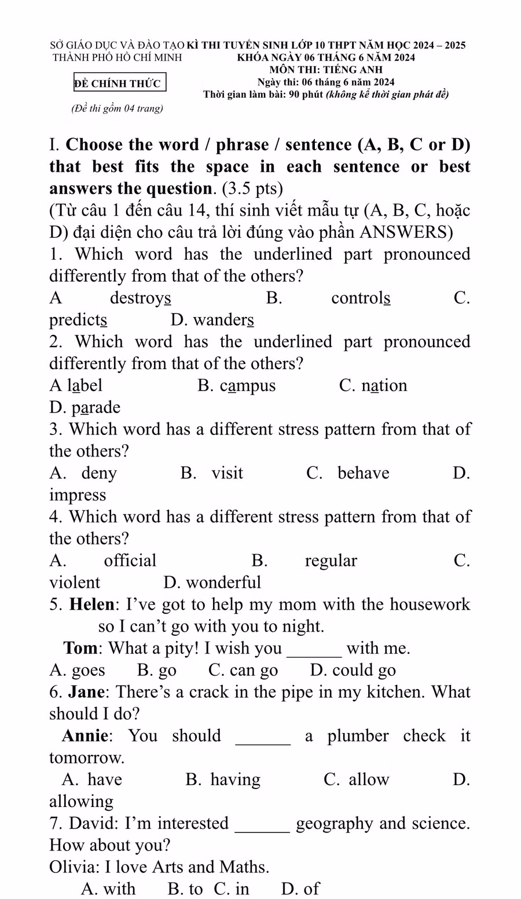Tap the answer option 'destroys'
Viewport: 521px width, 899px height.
pyautogui.click(x=140, y=298)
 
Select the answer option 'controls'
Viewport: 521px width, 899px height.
pyautogui.click(x=361, y=298)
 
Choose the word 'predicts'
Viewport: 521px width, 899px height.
pyautogui.click(x=78, y=320)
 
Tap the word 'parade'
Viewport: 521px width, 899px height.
pyautogui.click(x=96, y=408)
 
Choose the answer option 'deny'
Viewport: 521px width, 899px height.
pyautogui.click(x=99, y=473)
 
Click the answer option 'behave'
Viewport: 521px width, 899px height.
pyautogui.click(x=364, y=473)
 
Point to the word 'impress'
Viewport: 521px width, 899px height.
pyautogui.click(x=78, y=495)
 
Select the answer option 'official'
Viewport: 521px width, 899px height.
pyautogui.click(x=130, y=561)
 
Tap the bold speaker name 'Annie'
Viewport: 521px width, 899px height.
pyautogui.click(x=86, y=736)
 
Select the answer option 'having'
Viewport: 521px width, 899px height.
pyautogui.click(x=235, y=780)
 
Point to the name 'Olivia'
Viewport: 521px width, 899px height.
pyautogui.click(x=74, y=867)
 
